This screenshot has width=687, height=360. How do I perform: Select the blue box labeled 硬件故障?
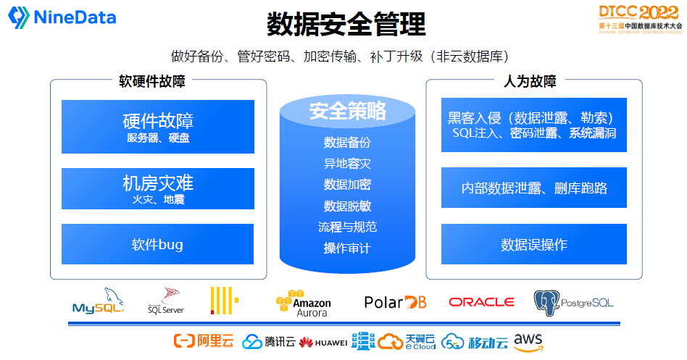click(x=158, y=127)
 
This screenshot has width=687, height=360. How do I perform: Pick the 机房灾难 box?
click(x=158, y=188)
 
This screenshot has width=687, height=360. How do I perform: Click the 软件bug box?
click(x=158, y=244)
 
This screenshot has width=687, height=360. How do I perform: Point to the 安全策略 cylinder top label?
click(x=348, y=111)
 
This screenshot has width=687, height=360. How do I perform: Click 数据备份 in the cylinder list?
click(x=347, y=142)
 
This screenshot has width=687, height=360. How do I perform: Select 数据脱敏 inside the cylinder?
click(x=347, y=206)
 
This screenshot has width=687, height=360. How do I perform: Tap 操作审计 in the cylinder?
click(x=347, y=248)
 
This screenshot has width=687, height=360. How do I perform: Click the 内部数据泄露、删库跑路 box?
click(x=534, y=188)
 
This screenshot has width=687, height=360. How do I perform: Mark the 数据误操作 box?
click(x=534, y=244)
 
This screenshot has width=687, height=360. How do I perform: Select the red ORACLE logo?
click(x=481, y=302)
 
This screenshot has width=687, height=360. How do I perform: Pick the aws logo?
click(x=528, y=341)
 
